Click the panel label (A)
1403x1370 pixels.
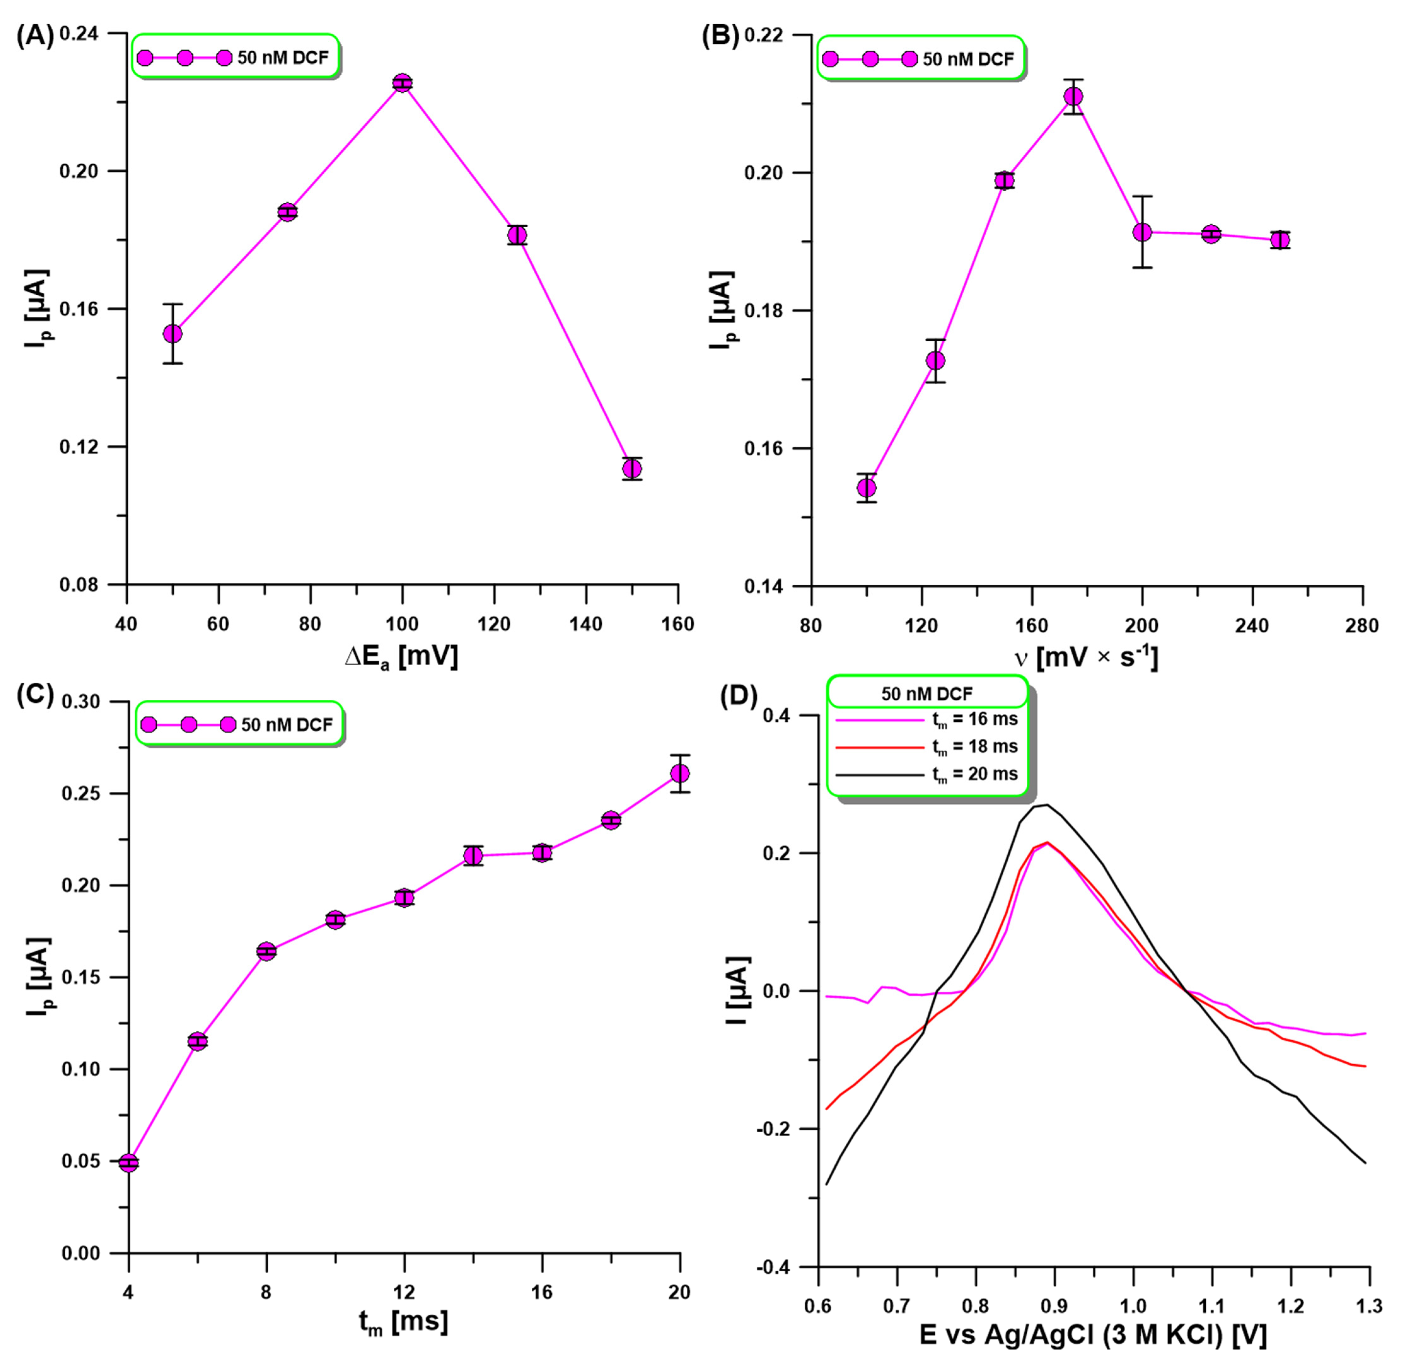tap(35, 36)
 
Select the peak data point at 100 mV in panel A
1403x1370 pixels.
tap(402, 83)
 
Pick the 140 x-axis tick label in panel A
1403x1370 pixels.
tap(586, 624)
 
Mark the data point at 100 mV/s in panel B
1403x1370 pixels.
tap(867, 488)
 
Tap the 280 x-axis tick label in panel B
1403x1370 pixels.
tap(1362, 626)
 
